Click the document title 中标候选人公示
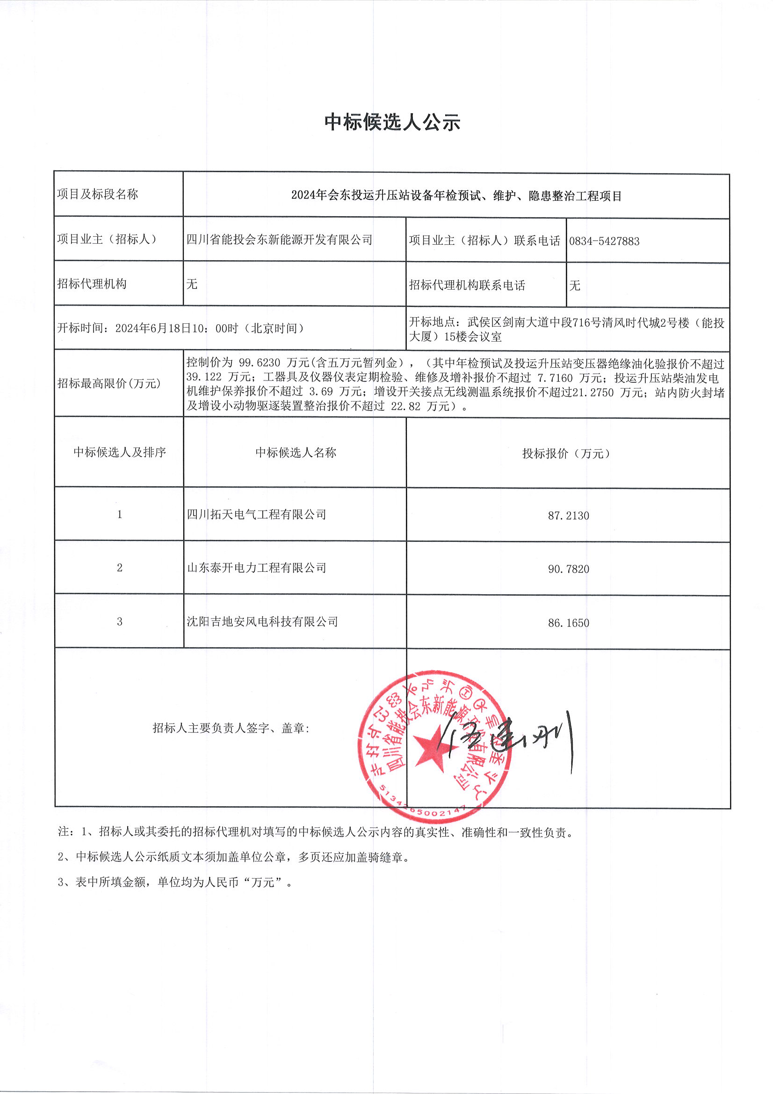[x=392, y=123]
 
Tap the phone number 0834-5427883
[x=604, y=241]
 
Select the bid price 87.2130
[x=568, y=516]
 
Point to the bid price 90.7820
[x=568, y=569]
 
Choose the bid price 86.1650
[x=568, y=623]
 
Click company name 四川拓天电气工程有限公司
[x=256, y=515]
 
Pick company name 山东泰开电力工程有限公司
[x=256, y=568]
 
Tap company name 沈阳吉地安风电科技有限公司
[x=262, y=622]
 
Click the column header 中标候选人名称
[x=295, y=452]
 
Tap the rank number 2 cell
[x=120, y=568]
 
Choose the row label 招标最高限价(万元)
[x=109, y=384]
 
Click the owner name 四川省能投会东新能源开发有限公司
[x=279, y=240]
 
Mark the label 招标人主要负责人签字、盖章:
[x=231, y=728]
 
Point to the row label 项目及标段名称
[x=98, y=194]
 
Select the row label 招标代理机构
[x=92, y=284]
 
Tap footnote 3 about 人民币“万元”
[x=174, y=882]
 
